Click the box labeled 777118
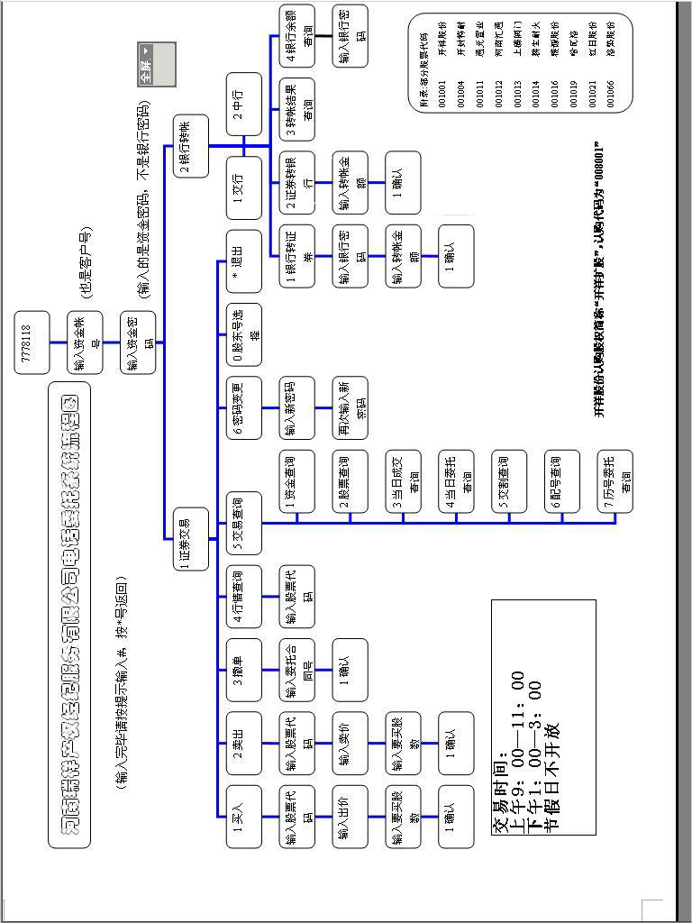point(32,342)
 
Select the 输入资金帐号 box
point(86,342)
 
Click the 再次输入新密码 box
point(351,407)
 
